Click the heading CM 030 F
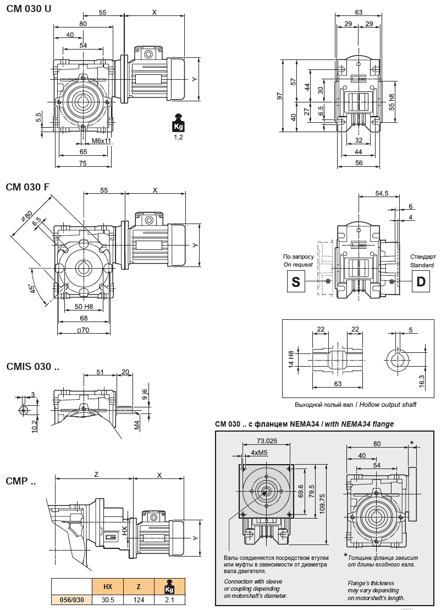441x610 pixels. pos(28,187)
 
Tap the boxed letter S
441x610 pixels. pos(296,282)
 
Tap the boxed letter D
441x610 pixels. pos(421,282)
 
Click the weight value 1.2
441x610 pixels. pos(178,137)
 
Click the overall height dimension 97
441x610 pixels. pos(280,96)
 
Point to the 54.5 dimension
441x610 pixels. pos(382,193)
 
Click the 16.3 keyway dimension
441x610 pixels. pos(422,380)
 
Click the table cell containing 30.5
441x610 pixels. pos(108,600)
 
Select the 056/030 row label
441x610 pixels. pos(71,600)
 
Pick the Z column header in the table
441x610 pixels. pos(139,587)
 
